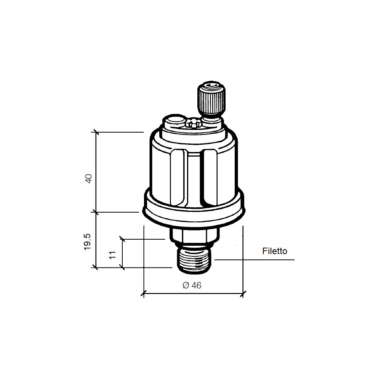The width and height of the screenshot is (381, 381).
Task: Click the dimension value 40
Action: point(89,179)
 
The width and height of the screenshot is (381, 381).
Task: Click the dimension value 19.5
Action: point(87,242)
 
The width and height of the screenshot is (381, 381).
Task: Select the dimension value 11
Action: point(112,255)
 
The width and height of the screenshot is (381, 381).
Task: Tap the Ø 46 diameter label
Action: point(192,285)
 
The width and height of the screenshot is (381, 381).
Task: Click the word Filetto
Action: point(275,251)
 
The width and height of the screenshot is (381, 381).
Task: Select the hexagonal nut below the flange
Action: point(194,235)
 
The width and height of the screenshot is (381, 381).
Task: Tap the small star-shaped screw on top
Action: point(192,122)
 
